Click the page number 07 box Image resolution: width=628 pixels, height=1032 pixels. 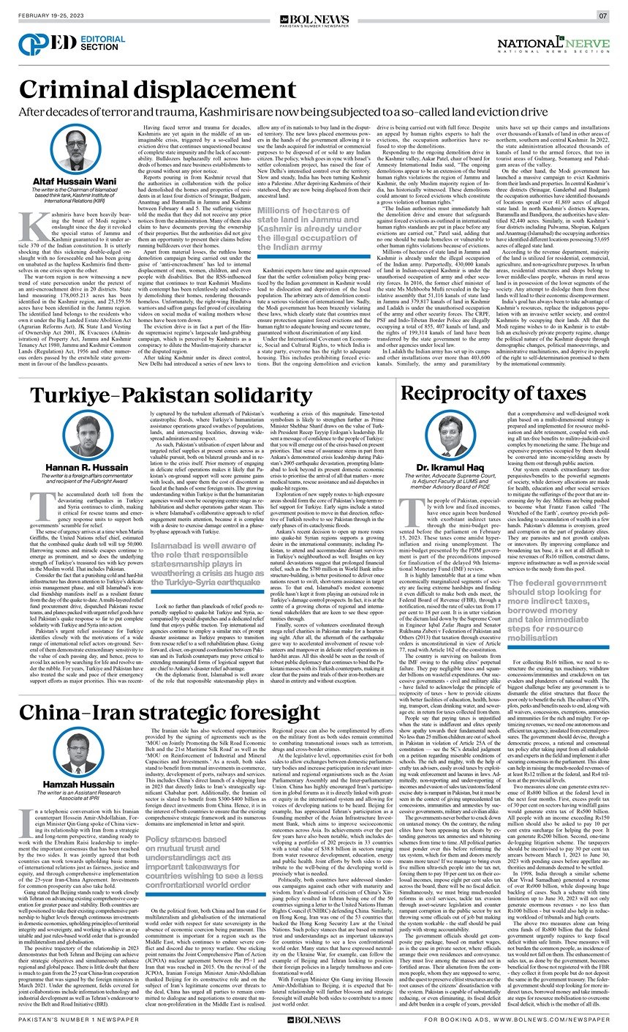[602, 15]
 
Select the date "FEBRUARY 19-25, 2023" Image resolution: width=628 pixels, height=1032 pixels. [52, 15]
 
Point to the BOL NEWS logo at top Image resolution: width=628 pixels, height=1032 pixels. [314, 14]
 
